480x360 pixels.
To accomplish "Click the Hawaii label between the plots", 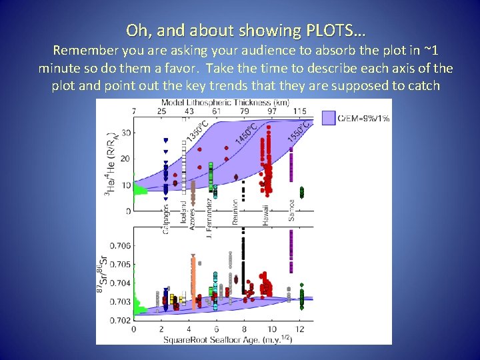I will (265, 213).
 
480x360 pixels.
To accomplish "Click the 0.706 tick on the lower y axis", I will (120, 246).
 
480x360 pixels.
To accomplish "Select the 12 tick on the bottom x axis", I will (301, 329).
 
